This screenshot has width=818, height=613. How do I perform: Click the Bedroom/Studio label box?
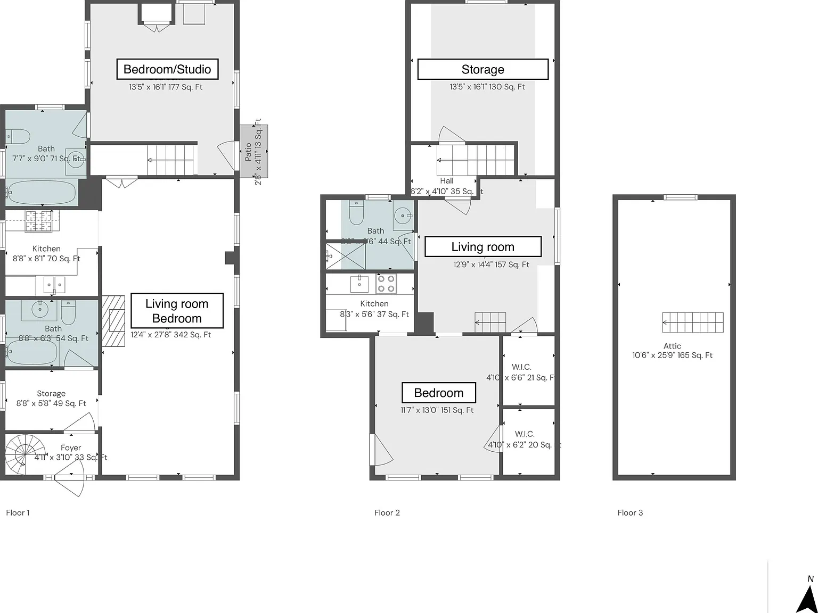[x=167, y=69]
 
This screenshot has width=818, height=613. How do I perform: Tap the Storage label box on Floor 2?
[x=482, y=69]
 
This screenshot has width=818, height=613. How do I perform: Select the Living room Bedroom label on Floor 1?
[x=177, y=311]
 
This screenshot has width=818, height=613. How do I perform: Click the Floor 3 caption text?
[x=630, y=512]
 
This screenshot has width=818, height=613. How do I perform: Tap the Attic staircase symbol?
[x=693, y=322]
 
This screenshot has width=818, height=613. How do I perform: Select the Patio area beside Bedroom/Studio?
[x=253, y=152]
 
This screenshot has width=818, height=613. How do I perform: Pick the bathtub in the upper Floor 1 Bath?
[x=42, y=193]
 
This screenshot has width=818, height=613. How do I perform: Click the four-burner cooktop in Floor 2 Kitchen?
[x=387, y=284]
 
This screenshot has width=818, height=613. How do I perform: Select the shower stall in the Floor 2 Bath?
[x=346, y=256]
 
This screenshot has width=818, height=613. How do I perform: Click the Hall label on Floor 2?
[x=446, y=181]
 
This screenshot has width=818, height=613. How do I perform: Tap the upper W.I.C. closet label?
[x=521, y=367]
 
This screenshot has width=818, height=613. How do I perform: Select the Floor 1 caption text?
[x=18, y=512]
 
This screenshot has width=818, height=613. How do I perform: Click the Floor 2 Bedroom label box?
[x=438, y=393]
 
